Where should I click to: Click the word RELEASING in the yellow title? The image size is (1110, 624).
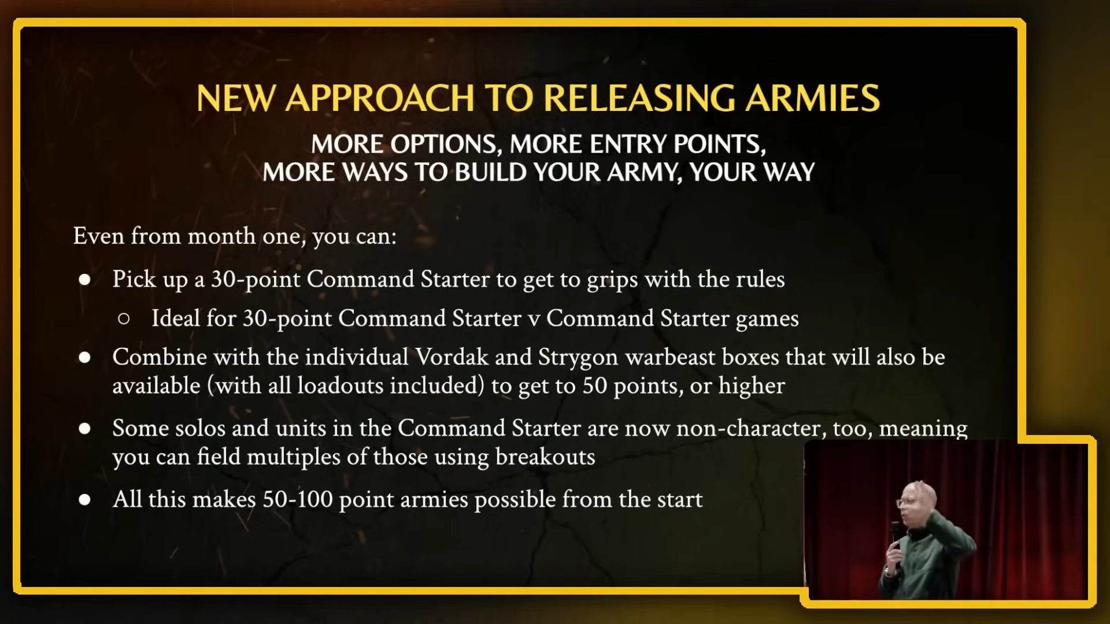tap(639, 98)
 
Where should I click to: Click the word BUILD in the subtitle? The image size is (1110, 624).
tap(490, 172)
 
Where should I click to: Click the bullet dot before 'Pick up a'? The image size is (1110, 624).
tap(85, 280)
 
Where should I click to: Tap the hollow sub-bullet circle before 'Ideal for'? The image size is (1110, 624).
tap(124, 318)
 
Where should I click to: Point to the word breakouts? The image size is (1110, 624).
tap(545, 457)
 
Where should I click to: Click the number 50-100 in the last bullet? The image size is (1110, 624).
tap(298, 499)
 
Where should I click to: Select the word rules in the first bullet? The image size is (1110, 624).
tap(760, 279)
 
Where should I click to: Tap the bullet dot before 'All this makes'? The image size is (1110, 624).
tap(85, 500)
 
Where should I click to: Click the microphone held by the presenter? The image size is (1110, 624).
tap(895, 534)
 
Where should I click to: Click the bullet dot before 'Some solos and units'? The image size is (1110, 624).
tap(85, 429)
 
